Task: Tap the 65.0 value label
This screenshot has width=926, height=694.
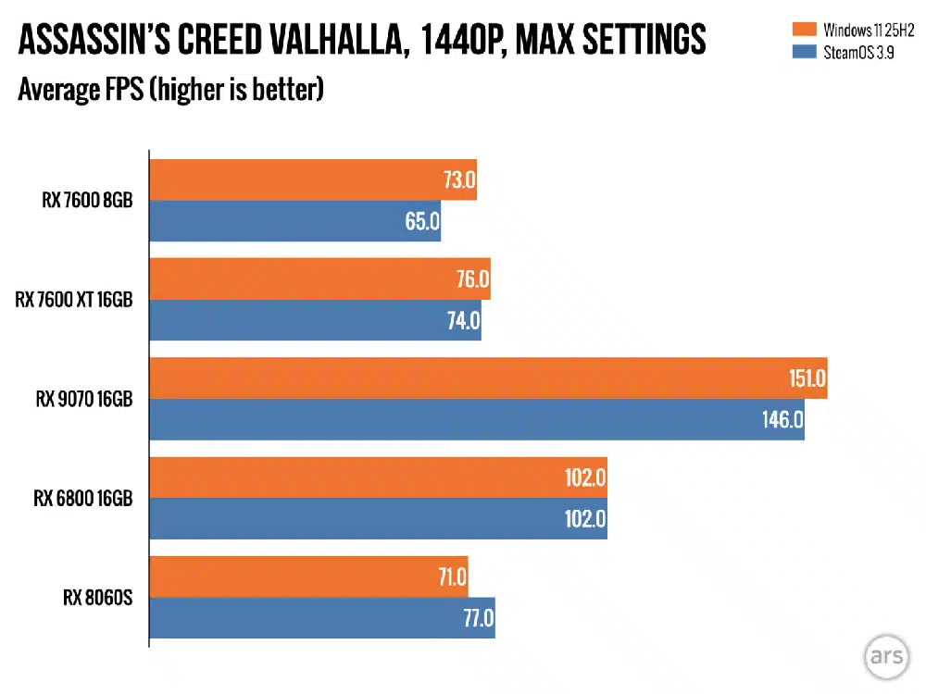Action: click(x=421, y=222)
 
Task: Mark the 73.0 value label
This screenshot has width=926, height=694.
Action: click(x=457, y=180)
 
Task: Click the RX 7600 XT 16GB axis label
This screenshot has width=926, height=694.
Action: click(x=74, y=300)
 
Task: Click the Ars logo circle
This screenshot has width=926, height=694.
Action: click(x=886, y=655)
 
